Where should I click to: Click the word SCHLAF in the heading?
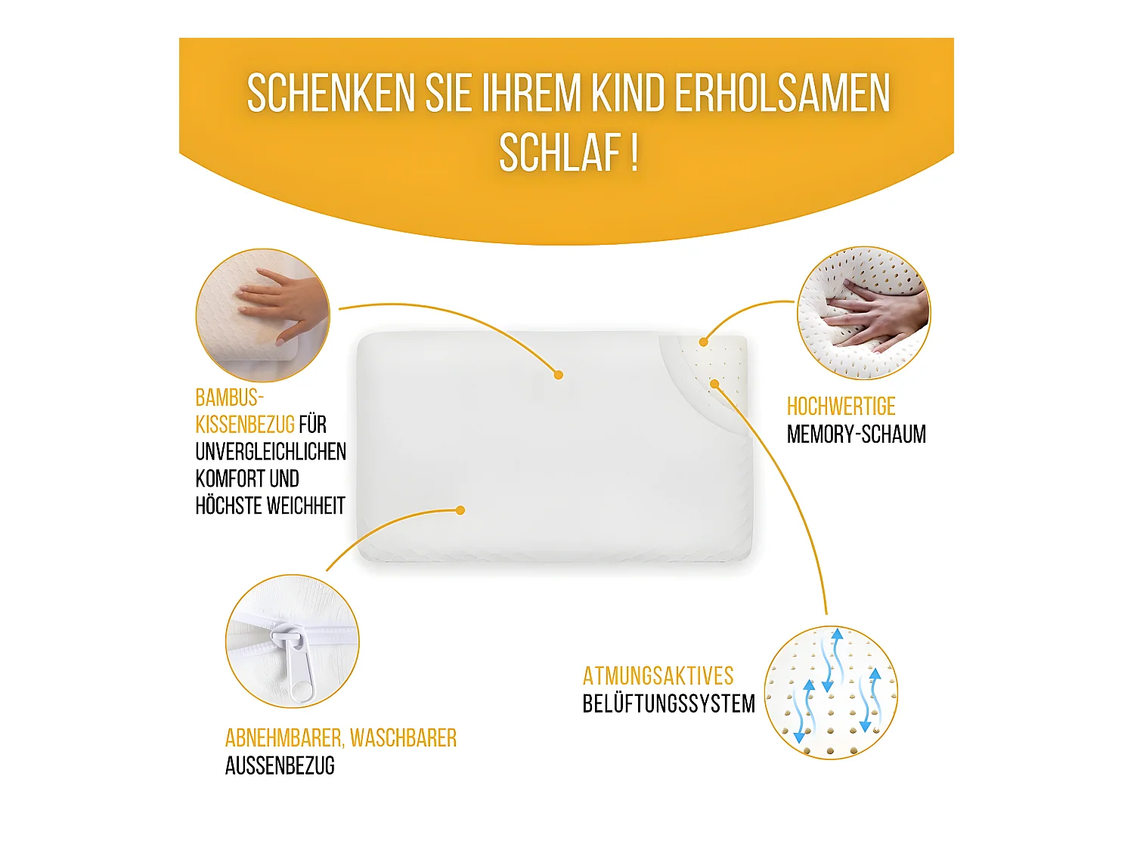[x=559, y=153]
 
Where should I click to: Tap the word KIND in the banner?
[x=627, y=94]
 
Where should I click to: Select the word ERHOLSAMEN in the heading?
[x=782, y=94]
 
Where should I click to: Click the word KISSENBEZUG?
[x=245, y=425]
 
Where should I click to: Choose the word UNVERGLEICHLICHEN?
[x=271, y=452]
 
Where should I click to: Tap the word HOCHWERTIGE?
[x=841, y=406]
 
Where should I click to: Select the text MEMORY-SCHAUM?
[x=856, y=434]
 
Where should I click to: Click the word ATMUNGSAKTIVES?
[x=658, y=675]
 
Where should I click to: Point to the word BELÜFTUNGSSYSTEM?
[x=668, y=703]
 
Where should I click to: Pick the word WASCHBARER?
[x=403, y=738]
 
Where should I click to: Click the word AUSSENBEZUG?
[x=280, y=766]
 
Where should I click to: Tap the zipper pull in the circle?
[x=297, y=665]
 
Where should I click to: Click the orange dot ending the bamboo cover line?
[x=558, y=375]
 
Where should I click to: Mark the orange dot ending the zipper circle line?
[x=460, y=511]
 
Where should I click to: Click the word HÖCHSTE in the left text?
[x=227, y=506]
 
